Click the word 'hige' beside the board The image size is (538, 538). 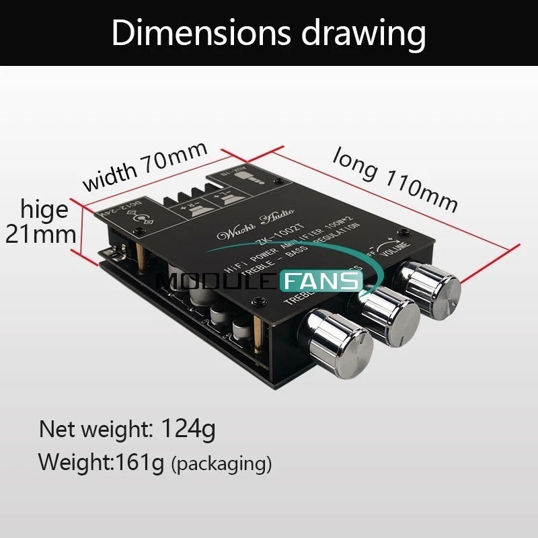click(x=44, y=210)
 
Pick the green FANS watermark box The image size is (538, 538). click(x=321, y=280)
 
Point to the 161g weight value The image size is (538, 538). click(x=140, y=462)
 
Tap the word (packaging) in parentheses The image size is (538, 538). click(x=221, y=463)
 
